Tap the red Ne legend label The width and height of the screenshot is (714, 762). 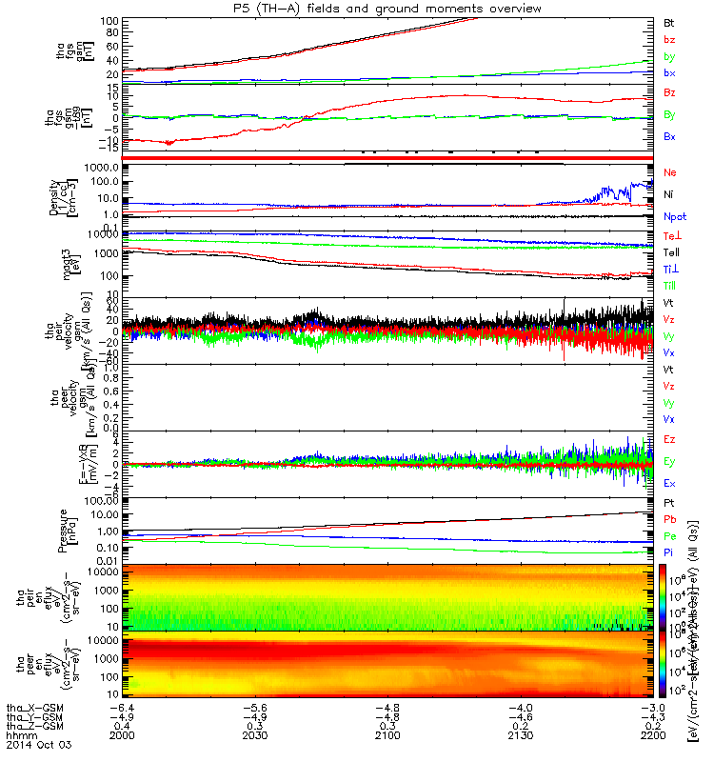tap(669, 173)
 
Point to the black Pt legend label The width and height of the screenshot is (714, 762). tap(669, 503)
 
